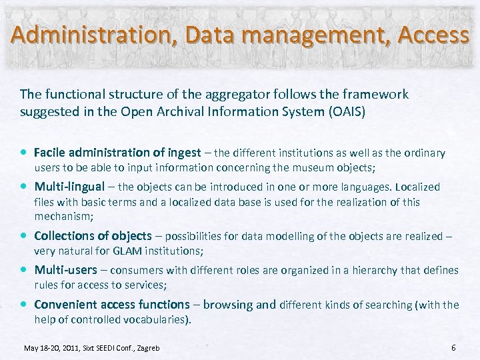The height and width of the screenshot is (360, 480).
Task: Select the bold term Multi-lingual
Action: [69, 187]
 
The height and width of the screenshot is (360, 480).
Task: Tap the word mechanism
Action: [63, 217]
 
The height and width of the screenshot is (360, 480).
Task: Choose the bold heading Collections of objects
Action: [93, 235]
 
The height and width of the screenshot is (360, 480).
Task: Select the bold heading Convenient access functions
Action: [112, 305]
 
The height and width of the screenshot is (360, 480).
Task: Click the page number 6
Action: [453, 347]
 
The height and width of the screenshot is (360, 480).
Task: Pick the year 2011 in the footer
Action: [70, 348]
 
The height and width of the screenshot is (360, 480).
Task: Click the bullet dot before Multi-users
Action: [24, 270]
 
